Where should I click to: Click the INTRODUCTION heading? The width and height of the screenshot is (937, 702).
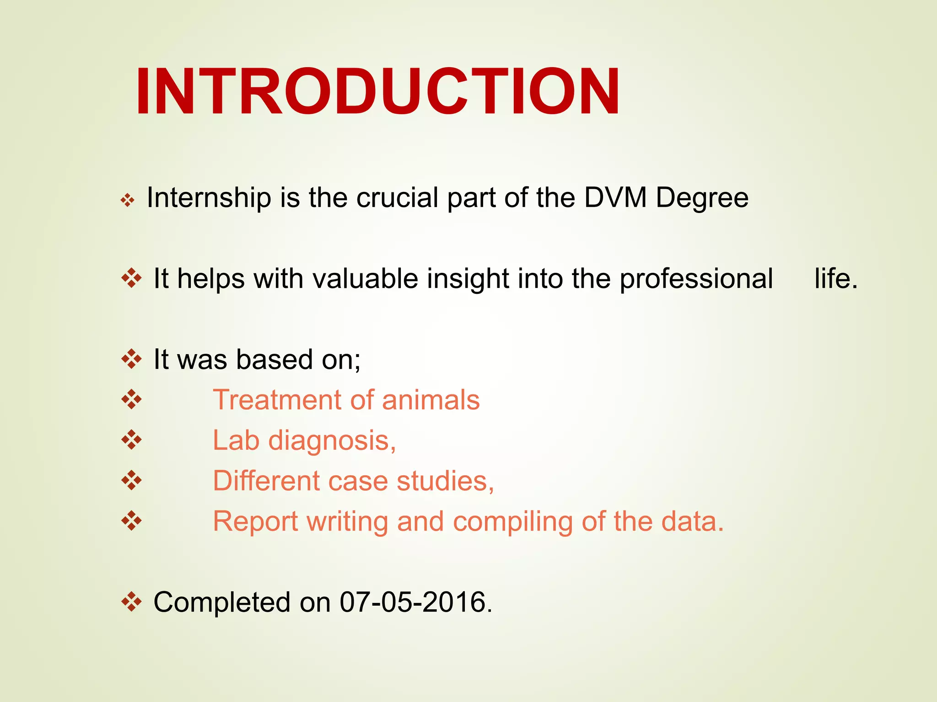[377, 91]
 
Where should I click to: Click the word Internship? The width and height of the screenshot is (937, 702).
[209, 198]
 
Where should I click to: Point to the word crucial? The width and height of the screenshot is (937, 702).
[397, 197]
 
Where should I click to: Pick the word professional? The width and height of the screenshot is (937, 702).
[696, 279]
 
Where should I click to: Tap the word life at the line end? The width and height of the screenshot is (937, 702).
[835, 278]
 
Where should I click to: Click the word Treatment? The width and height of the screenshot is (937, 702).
[277, 400]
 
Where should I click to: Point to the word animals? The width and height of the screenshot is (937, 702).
[431, 400]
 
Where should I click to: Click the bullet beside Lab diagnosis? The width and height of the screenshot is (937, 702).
[131, 440]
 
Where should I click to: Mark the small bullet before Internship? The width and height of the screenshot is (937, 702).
[128, 200]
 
